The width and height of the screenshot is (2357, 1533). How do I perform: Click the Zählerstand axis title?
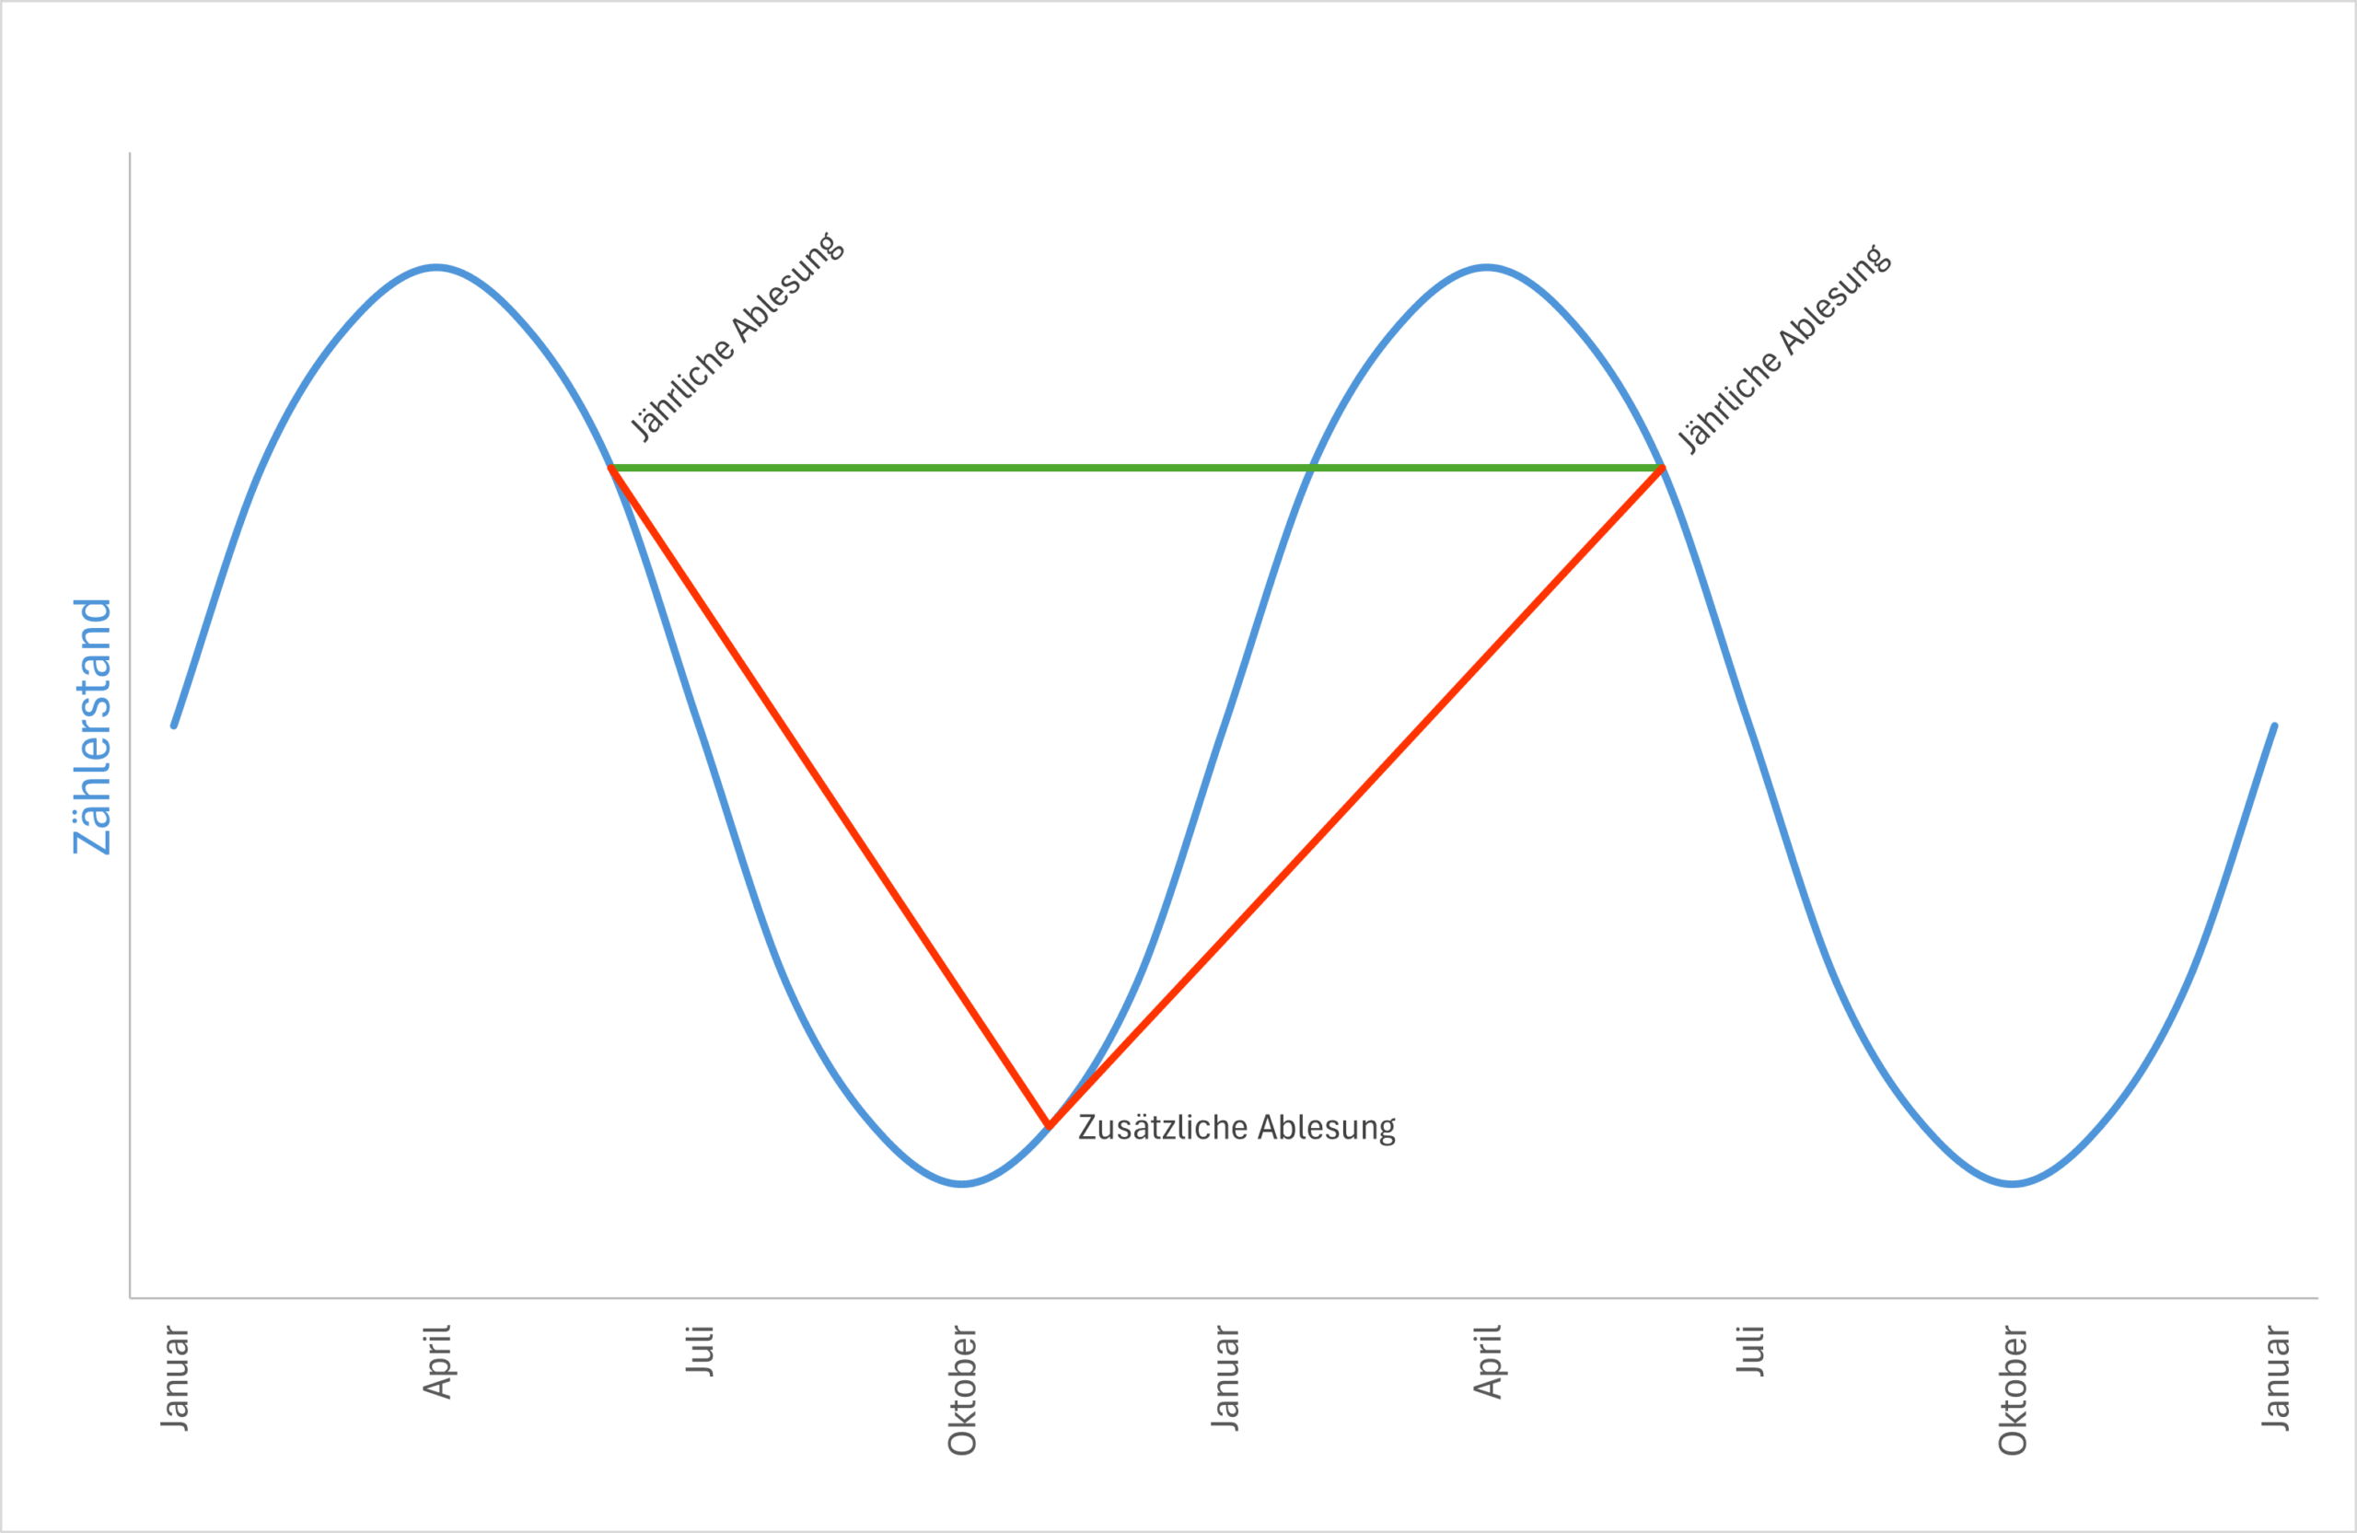[x=92, y=726]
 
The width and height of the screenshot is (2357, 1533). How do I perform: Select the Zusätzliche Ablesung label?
[x=1236, y=1128]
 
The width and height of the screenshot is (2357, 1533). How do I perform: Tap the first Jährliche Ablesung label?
[x=737, y=337]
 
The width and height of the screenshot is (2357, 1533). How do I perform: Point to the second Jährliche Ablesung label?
[x=1784, y=349]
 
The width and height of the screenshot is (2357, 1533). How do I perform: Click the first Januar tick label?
[x=174, y=1377]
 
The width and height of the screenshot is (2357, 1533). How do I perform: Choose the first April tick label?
[x=436, y=1362]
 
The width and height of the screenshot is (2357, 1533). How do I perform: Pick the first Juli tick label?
[x=699, y=1351]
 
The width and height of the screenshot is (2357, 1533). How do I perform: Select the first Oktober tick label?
[x=961, y=1389]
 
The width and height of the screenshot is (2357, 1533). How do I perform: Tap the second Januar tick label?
[x=1225, y=1377]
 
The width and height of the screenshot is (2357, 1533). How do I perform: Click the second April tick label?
[x=1488, y=1362]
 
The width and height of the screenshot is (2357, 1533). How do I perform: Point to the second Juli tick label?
[x=1750, y=1351]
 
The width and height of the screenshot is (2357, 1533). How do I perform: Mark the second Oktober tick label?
[x=2013, y=1389]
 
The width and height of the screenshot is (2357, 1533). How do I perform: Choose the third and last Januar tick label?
[x=2275, y=1377]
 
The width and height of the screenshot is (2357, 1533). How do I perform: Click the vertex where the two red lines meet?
[x=1049, y=1127]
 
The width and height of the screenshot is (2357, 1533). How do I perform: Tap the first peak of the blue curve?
[x=436, y=266]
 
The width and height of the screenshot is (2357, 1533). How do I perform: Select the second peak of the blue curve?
[x=1488, y=266]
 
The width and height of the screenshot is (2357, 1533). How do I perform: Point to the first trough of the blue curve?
[x=961, y=1184]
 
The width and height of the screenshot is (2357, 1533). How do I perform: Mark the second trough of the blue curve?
[x=2013, y=1184]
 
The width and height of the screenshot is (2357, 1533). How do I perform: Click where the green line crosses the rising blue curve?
[x=1312, y=468]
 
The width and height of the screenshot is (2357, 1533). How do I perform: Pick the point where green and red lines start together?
[x=611, y=468]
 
